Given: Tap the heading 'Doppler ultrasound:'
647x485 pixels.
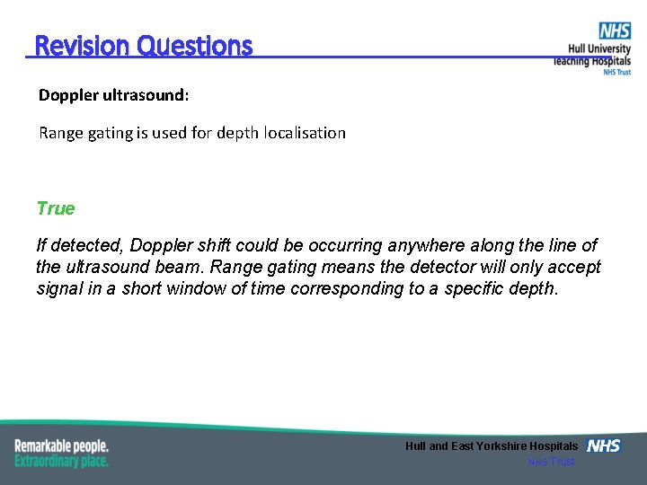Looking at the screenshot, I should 114,94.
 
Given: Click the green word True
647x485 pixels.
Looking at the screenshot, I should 56,208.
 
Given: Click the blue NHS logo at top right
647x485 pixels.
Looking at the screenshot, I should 615,31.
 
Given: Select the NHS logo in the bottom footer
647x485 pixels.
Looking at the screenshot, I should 604,445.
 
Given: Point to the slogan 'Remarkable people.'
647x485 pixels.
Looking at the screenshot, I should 61,445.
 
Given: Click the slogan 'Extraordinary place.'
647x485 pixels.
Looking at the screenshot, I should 61,461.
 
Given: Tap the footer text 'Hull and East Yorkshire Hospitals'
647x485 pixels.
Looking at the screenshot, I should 492,446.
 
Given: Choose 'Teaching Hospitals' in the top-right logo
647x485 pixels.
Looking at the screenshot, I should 592,61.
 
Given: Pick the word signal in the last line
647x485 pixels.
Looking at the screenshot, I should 61,288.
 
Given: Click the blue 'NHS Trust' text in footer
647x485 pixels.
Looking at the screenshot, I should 550,462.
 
